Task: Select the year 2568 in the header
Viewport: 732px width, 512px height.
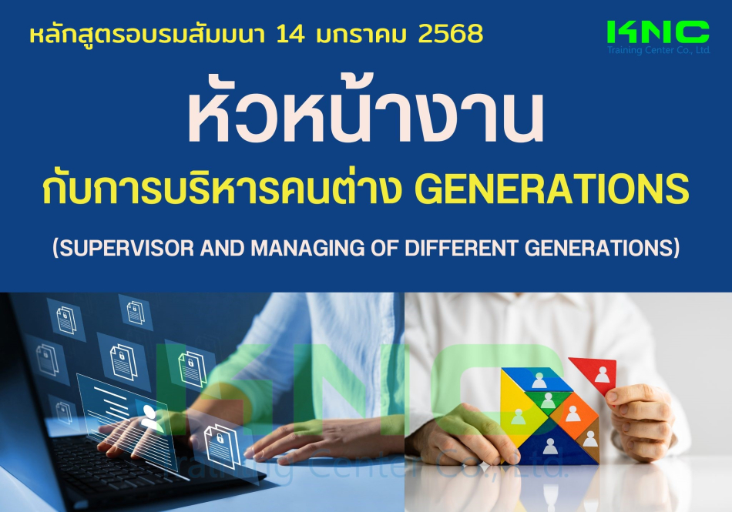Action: (x=451, y=34)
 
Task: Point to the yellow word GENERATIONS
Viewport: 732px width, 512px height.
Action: (x=552, y=189)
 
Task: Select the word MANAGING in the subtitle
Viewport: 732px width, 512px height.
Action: (x=307, y=248)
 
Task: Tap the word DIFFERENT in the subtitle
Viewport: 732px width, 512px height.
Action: (x=461, y=248)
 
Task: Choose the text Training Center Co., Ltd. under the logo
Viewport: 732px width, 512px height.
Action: (x=658, y=50)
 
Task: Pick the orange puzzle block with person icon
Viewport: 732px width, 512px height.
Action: (x=574, y=414)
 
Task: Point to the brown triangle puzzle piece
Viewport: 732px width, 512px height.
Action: (x=589, y=439)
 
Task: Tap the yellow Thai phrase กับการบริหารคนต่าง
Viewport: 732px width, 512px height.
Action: (x=222, y=189)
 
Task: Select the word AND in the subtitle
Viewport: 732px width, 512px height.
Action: (x=223, y=248)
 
